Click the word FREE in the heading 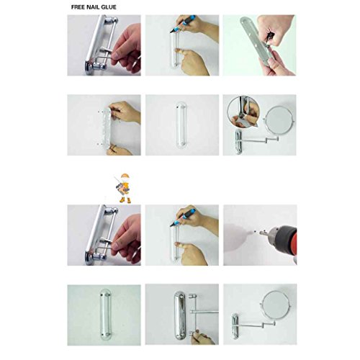[x=78, y=7]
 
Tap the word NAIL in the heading [x=93, y=7]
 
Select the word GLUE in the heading [x=109, y=7]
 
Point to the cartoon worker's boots [x=125, y=200]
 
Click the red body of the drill [x=294, y=243]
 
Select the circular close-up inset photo [x=243, y=112]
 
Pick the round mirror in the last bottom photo [x=276, y=305]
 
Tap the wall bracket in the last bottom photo [x=235, y=326]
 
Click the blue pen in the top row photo [x=183, y=24]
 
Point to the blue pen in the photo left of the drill [x=183, y=217]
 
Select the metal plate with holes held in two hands [x=257, y=40]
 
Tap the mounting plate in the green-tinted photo [x=106, y=313]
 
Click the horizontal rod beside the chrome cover [x=204, y=312]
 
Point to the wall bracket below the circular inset [x=238, y=142]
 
